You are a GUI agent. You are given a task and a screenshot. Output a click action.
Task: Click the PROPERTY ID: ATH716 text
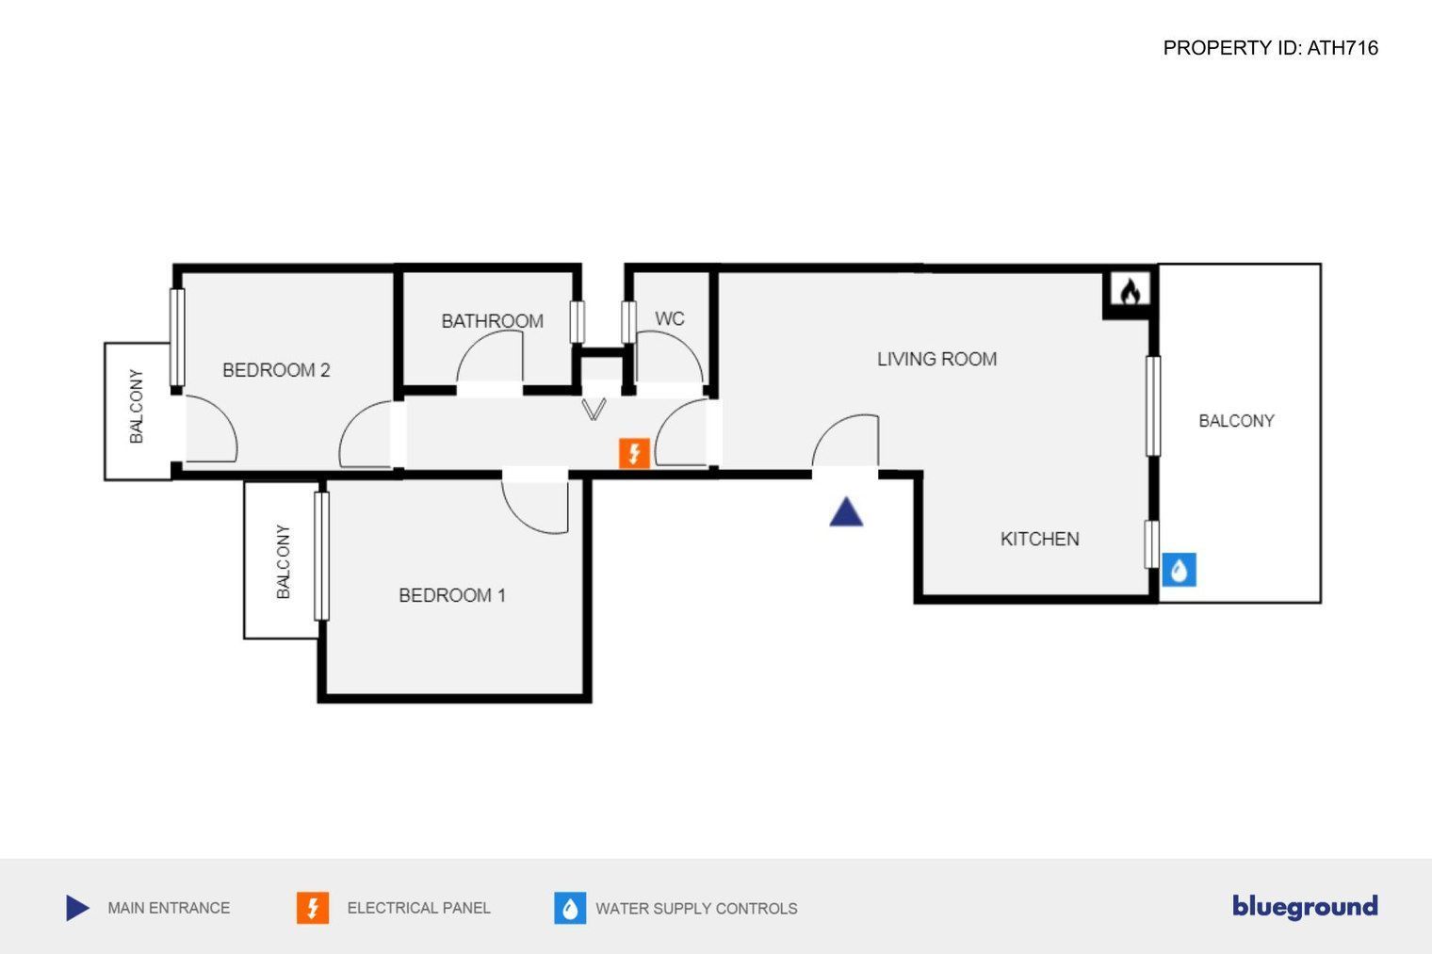(x=1270, y=48)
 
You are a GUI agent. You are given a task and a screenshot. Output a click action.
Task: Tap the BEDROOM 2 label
(x=276, y=370)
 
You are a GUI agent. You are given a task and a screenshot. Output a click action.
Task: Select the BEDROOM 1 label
(x=452, y=595)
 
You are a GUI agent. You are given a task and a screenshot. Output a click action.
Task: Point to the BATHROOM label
(x=492, y=321)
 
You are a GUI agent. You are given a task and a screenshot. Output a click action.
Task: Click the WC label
(x=669, y=318)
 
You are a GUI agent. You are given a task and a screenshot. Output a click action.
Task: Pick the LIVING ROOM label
(x=936, y=359)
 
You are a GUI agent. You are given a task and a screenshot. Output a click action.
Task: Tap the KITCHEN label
(x=1039, y=540)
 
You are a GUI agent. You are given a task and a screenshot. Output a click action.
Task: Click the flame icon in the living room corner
(x=1130, y=291)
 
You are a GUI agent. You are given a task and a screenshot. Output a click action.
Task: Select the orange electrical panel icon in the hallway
(x=634, y=453)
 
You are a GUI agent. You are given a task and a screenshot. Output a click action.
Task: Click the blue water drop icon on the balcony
(x=1179, y=570)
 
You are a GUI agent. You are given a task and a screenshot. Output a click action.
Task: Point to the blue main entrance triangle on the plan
(x=846, y=511)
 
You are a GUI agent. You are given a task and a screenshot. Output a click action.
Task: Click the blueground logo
(x=1305, y=907)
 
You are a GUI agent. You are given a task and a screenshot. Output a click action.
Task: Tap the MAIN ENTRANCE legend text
(x=169, y=908)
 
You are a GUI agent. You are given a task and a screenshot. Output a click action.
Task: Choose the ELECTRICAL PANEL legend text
(x=418, y=908)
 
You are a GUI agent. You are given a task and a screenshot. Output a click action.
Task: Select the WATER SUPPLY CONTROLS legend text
(x=696, y=909)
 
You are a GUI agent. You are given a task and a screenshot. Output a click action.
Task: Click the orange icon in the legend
(x=313, y=908)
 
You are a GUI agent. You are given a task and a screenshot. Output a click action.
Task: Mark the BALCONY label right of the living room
(x=1236, y=421)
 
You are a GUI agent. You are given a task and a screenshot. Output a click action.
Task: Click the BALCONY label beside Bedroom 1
(x=284, y=561)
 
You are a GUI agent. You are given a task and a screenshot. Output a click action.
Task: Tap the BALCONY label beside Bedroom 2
(x=137, y=407)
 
